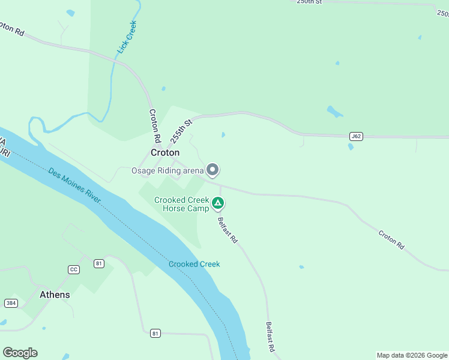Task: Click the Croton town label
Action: [x=164, y=153]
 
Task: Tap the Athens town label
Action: [x=55, y=295]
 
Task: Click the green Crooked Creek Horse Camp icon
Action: [x=218, y=204]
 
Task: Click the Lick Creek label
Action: [x=127, y=37]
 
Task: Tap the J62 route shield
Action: [x=356, y=136]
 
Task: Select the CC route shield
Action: [x=74, y=269]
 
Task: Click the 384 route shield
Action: [x=11, y=303]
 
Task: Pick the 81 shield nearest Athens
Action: [x=99, y=263]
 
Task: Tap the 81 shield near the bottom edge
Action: [x=155, y=333]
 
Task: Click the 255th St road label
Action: [x=180, y=130]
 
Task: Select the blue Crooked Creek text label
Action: [x=194, y=264]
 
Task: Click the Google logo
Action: [x=20, y=353]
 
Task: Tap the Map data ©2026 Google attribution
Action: [x=411, y=355]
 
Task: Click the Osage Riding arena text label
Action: [x=167, y=170]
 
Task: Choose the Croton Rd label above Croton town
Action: [x=155, y=125]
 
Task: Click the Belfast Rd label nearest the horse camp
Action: [x=228, y=230]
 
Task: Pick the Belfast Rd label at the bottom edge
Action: [x=271, y=337]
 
